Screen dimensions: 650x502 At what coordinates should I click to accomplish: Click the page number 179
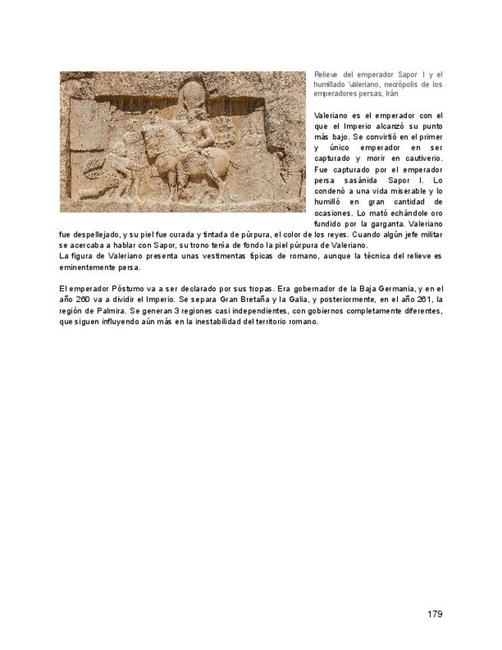click(435, 614)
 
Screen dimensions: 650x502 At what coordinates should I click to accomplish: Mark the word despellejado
click(93, 234)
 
